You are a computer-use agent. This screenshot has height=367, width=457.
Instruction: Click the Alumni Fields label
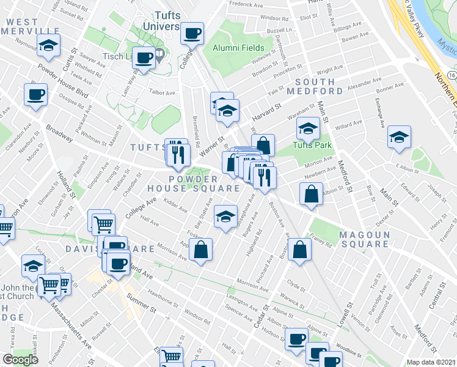point(238,48)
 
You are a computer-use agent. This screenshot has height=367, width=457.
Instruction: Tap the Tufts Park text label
point(311,145)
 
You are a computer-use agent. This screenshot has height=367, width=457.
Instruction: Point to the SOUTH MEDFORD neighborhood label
point(320,86)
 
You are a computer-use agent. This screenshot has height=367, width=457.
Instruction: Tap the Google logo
point(21,359)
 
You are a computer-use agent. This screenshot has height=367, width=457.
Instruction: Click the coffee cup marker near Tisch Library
point(144,58)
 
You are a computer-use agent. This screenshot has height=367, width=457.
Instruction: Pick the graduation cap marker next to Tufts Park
point(308,129)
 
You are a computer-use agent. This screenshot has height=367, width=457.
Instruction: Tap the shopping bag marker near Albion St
point(312,193)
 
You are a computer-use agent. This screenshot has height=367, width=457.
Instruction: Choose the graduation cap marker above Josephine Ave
point(225,216)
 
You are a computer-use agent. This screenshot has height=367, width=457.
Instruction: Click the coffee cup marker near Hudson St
point(298,338)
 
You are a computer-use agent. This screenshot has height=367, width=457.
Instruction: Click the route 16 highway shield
point(451,74)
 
